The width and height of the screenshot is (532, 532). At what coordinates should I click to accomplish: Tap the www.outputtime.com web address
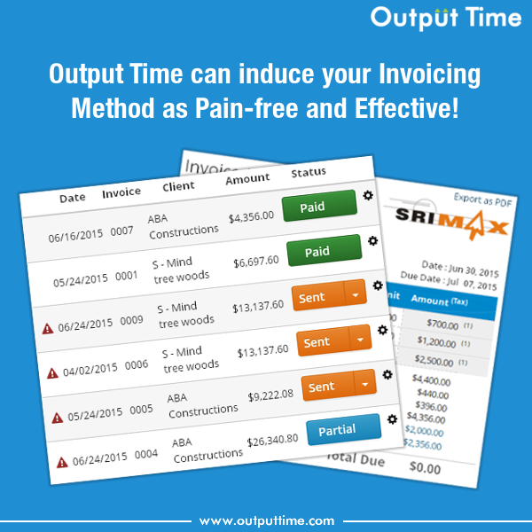[x=266, y=520]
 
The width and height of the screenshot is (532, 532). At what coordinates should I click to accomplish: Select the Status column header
[x=309, y=172]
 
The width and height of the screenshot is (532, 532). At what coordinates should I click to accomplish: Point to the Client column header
[x=178, y=187]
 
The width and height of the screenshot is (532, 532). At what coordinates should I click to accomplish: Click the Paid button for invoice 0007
[x=318, y=207]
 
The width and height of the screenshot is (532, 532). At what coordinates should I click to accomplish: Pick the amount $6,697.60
[x=255, y=262]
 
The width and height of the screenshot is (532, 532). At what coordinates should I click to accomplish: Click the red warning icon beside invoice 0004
[x=62, y=462]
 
